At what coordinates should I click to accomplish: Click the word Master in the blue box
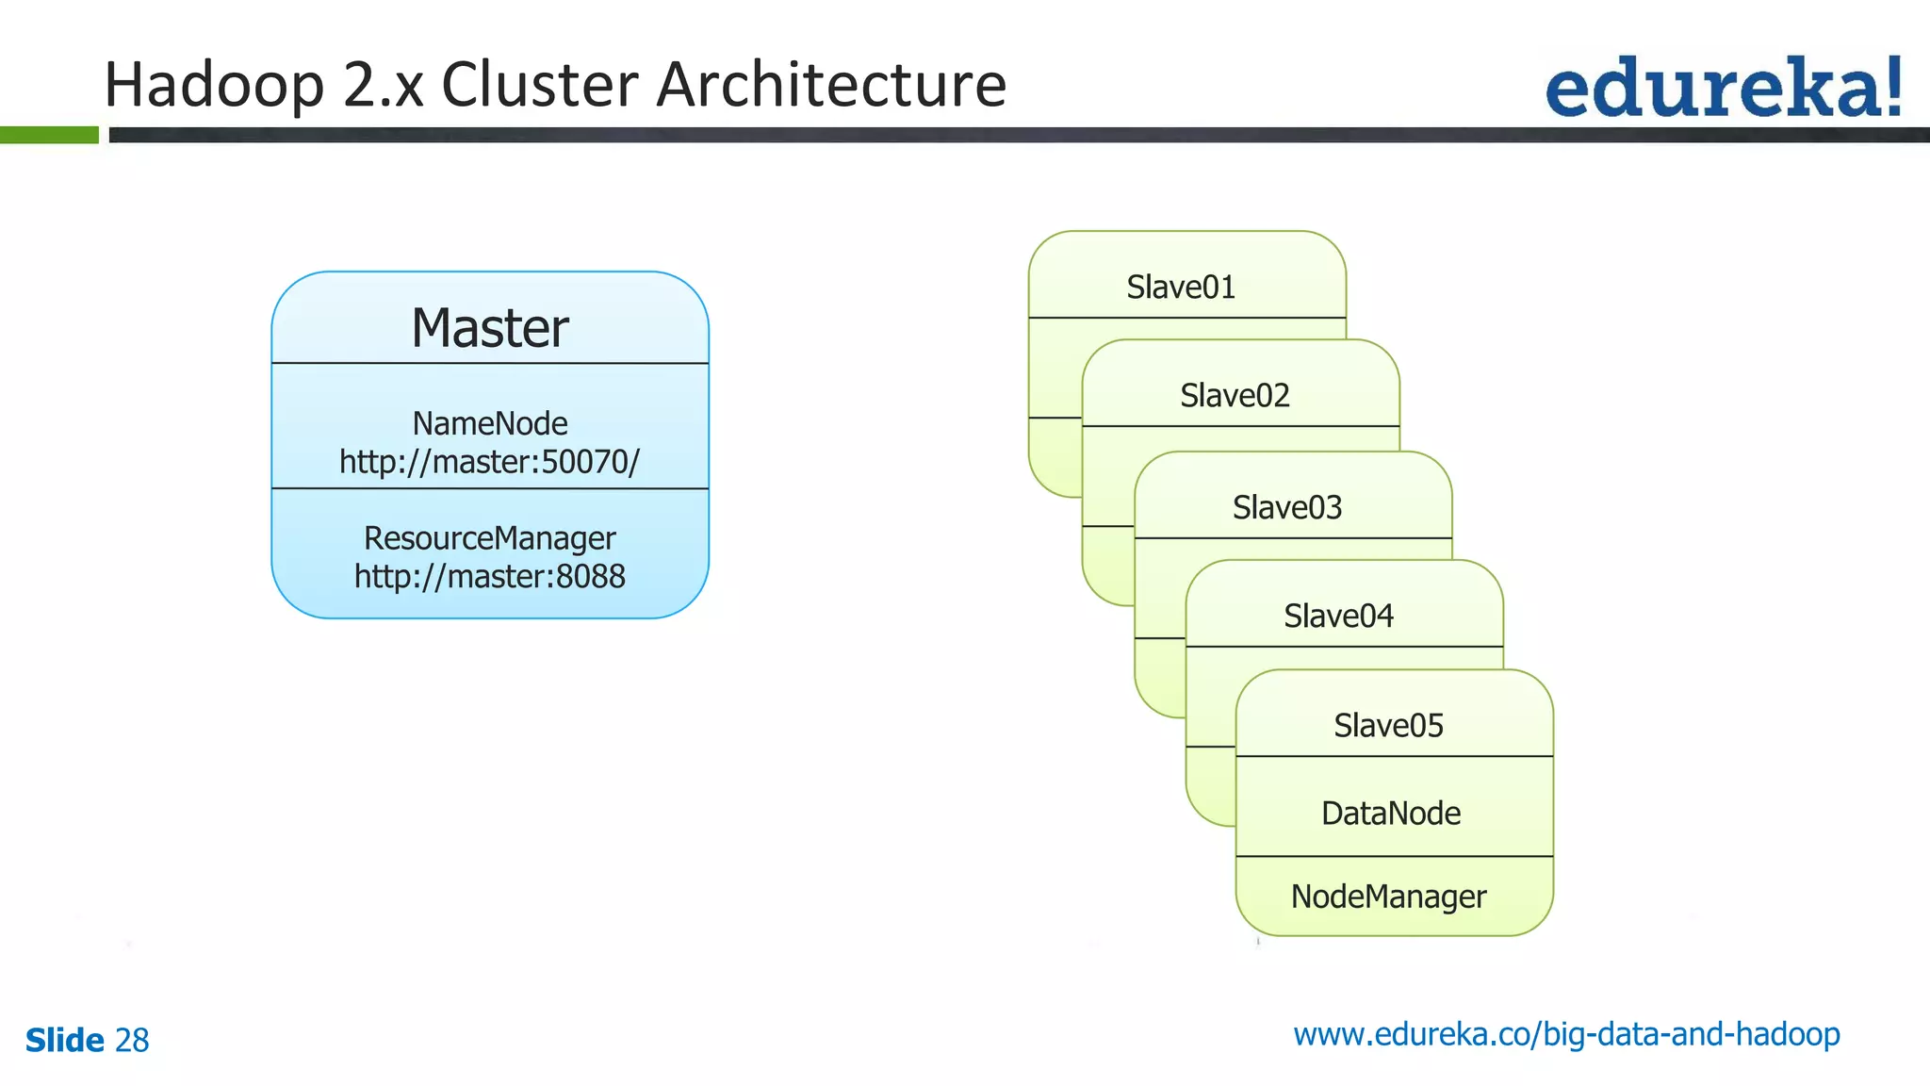pyautogui.click(x=489, y=328)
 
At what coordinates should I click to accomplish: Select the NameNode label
pyautogui.click(x=489, y=423)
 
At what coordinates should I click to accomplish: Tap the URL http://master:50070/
pyautogui.click(x=489, y=462)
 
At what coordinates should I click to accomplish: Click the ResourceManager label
pyautogui.click(x=489, y=538)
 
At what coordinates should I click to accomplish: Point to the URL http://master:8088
pyautogui.click(x=489, y=576)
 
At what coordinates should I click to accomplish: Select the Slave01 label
pyautogui.click(x=1181, y=287)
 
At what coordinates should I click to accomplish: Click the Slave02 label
pyautogui.click(x=1235, y=395)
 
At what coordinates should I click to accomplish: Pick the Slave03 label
pyautogui.click(x=1287, y=507)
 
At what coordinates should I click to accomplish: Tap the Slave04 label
pyautogui.click(x=1338, y=616)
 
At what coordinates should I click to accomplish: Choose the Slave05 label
pyautogui.click(x=1388, y=725)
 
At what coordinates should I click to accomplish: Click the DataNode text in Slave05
pyautogui.click(x=1391, y=813)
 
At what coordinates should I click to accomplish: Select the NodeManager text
pyautogui.click(x=1388, y=897)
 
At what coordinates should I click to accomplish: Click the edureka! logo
pyautogui.click(x=1723, y=88)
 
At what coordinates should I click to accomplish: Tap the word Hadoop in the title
pyautogui.click(x=214, y=86)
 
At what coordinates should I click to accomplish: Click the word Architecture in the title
pyautogui.click(x=830, y=85)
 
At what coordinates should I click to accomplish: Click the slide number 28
pyautogui.click(x=132, y=1041)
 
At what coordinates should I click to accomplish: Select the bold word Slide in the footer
pyautogui.click(x=64, y=1041)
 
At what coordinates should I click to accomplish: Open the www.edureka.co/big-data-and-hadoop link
pyautogui.click(x=1566, y=1034)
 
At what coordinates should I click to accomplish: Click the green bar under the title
pyautogui.click(x=49, y=135)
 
